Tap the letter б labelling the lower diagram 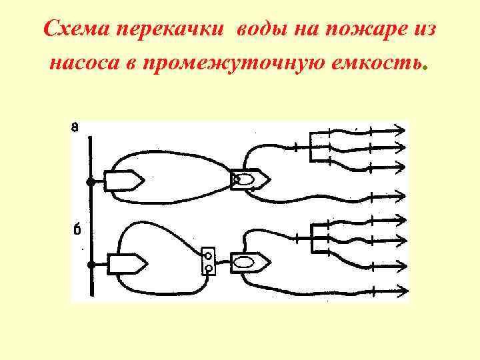click(x=77, y=231)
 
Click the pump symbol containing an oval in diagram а click(x=249, y=179)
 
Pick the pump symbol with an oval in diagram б click(x=249, y=262)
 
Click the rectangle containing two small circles click(x=209, y=261)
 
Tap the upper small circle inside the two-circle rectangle click(x=209, y=255)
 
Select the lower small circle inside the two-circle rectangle click(x=209, y=268)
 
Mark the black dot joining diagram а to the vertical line click(x=91, y=180)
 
